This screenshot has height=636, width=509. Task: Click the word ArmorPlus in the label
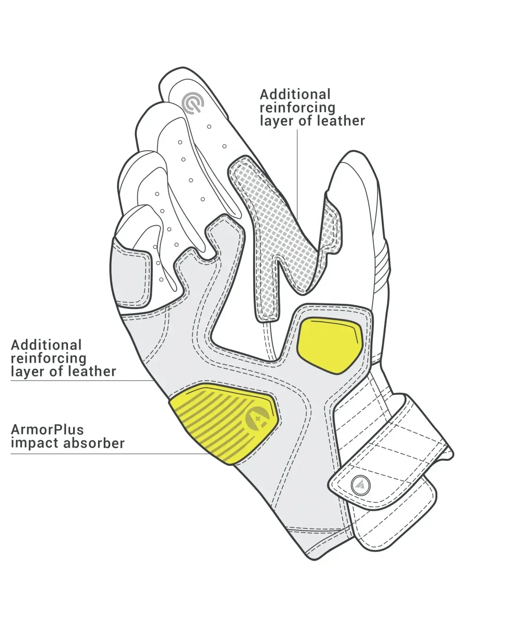click(x=47, y=430)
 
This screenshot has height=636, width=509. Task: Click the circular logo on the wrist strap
click(x=361, y=485)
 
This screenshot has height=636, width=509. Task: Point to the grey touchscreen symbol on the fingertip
click(x=193, y=103)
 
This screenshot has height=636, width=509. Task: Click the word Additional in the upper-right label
click(x=295, y=95)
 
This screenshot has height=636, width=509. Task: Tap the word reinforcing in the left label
click(x=49, y=359)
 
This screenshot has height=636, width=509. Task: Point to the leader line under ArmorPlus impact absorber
click(x=110, y=454)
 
